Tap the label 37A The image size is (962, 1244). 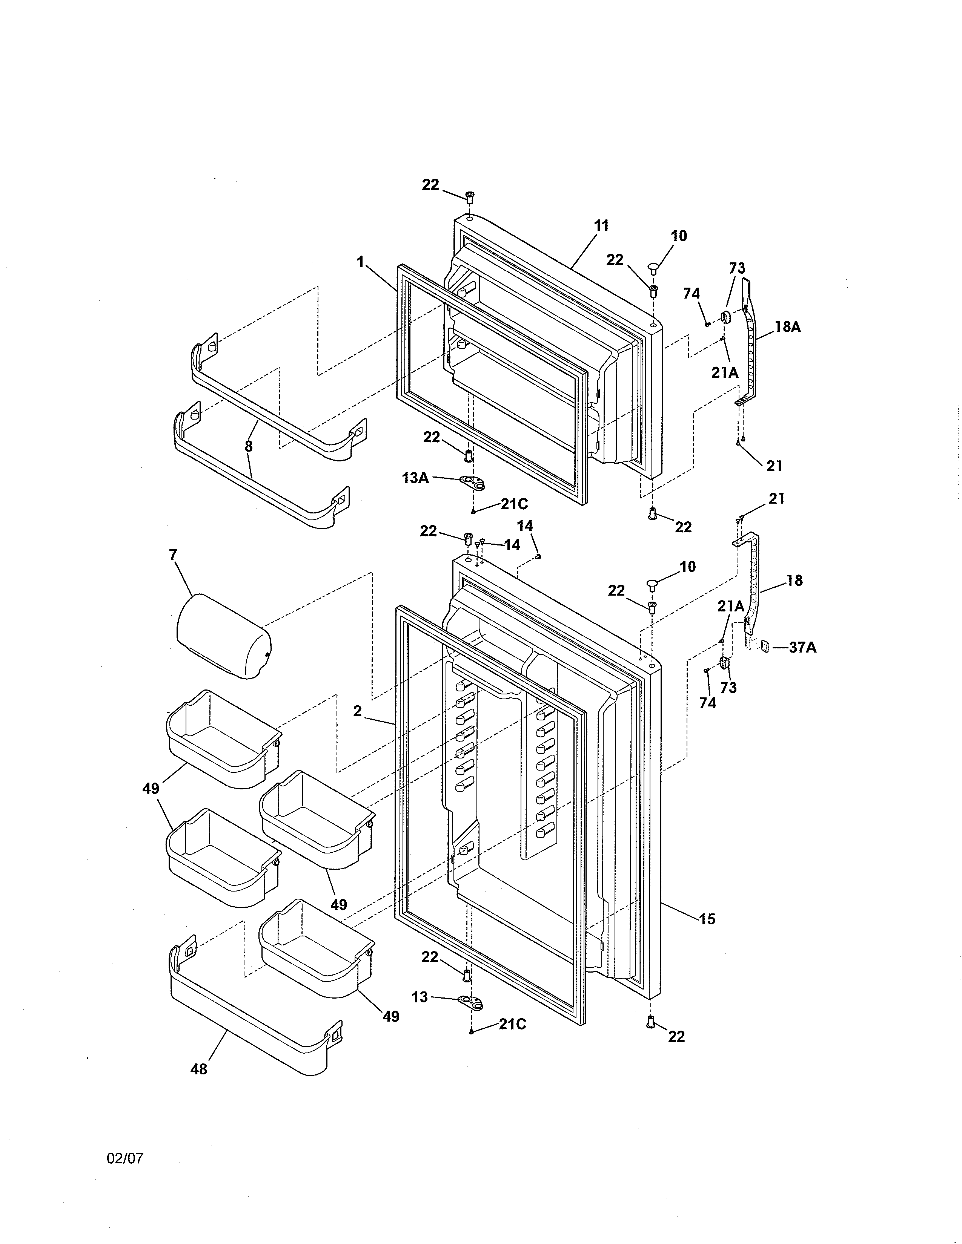click(802, 648)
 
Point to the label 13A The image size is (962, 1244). click(415, 478)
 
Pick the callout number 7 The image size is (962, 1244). click(173, 554)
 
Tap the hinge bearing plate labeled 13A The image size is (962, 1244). click(472, 483)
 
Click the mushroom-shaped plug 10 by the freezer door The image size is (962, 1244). click(653, 267)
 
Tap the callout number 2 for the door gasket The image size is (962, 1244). click(357, 711)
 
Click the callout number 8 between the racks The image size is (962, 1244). click(249, 447)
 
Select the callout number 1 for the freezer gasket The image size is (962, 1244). click(360, 262)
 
